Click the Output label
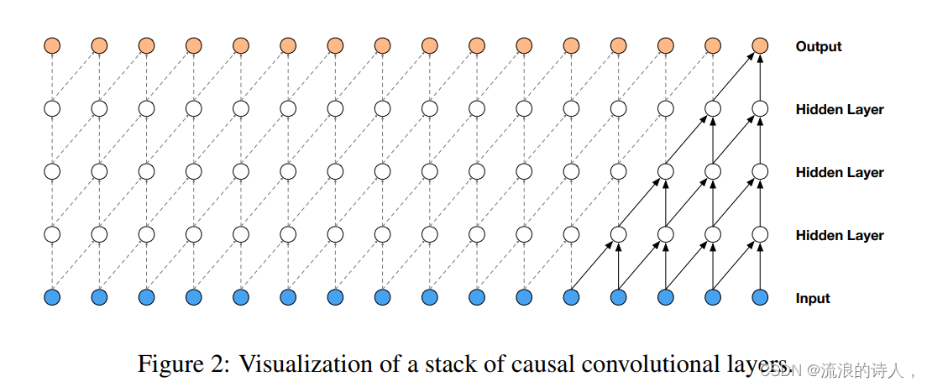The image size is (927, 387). pos(818,47)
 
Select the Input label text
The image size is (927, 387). pos(813,298)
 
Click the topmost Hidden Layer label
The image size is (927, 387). pos(839,109)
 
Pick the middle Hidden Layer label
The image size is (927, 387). pos(839,172)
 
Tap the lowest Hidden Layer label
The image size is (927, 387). pos(839,235)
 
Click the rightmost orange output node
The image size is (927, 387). pos(760,45)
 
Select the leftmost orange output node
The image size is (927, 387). pos(52,45)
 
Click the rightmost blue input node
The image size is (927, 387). pos(760,296)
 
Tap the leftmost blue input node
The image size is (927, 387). pos(52,296)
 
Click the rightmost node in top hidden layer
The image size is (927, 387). pos(760,108)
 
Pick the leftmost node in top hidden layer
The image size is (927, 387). pos(52,108)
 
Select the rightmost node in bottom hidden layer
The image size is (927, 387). pos(760,233)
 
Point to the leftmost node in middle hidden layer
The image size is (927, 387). pos(52,171)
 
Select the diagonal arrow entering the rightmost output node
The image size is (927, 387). pos(736,76)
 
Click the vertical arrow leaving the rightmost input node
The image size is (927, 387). pos(760,265)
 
